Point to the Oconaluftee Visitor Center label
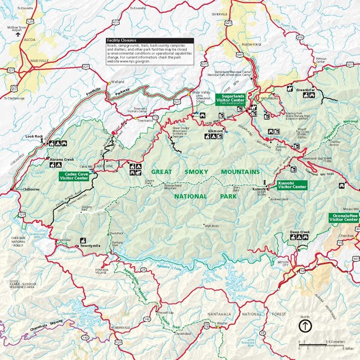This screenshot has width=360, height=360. pyautogui.click(x=344, y=218)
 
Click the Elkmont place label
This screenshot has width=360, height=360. pyautogui.click(x=215, y=130)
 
